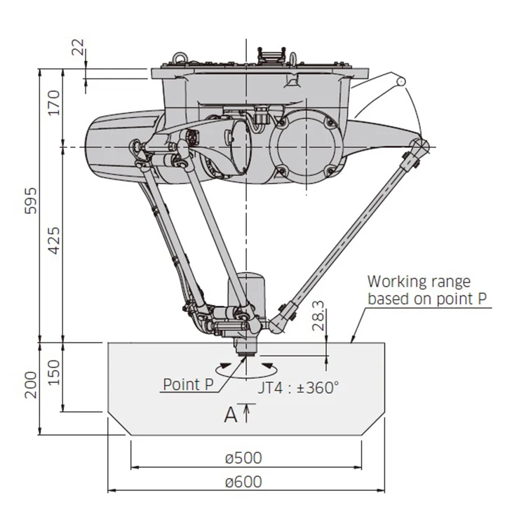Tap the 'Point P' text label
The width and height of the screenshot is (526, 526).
(188, 384)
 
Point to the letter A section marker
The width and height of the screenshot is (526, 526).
(231, 415)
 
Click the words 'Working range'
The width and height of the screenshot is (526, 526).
(419, 282)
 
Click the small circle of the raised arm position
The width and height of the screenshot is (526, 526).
(402, 81)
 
